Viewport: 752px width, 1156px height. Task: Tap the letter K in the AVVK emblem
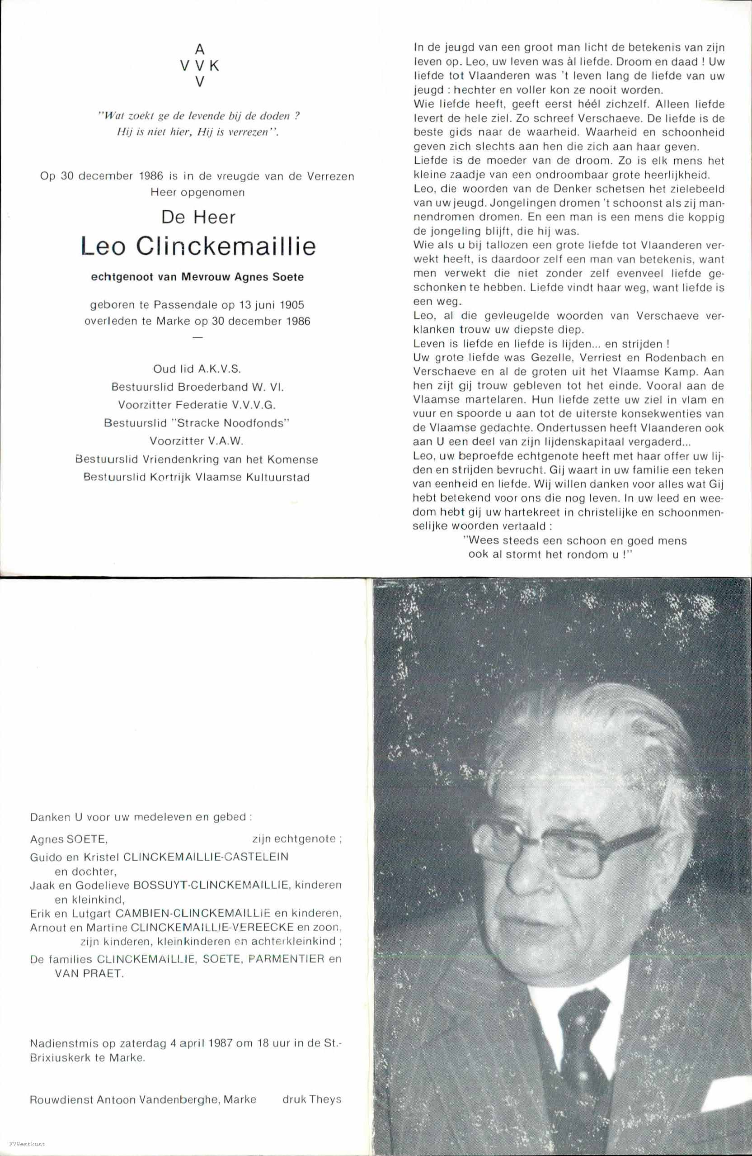[x=215, y=66]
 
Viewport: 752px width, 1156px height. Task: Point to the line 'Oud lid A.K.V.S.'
[x=197, y=369]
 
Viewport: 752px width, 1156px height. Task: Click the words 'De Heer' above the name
[x=198, y=217]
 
